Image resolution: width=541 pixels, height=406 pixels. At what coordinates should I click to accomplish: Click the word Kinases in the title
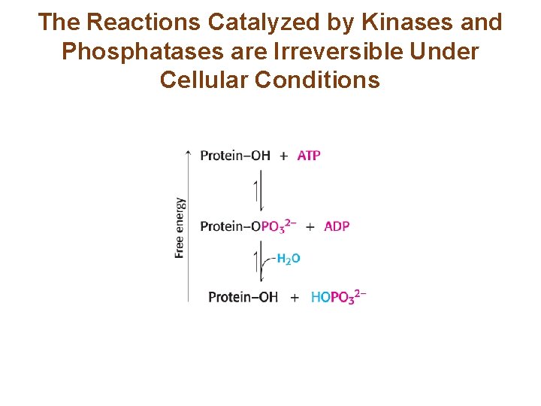point(415,23)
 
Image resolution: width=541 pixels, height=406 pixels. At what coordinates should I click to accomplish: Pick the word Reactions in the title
point(144,23)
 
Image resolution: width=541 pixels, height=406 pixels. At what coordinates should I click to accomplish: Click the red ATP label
point(309,156)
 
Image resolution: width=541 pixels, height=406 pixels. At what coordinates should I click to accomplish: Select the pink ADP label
point(337,226)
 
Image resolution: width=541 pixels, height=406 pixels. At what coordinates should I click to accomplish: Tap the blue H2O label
point(288,259)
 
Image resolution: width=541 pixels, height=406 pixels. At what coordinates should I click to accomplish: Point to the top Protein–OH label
point(235,156)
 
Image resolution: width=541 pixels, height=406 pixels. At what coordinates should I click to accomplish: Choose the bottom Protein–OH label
point(243,297)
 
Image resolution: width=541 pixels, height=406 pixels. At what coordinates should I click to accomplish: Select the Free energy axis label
point(180,227)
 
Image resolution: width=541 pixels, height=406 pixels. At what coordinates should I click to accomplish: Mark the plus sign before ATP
point(283,156)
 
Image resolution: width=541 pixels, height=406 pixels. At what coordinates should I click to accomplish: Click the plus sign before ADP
point(310,226)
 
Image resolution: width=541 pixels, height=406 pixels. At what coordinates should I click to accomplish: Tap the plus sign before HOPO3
point(295,298)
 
